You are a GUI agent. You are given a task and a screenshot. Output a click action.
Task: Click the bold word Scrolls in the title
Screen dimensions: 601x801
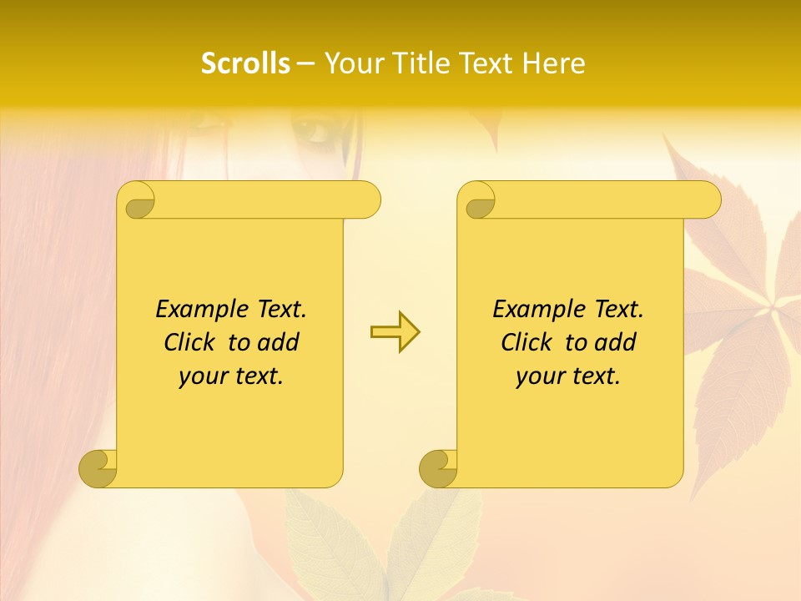[x=245, y=63]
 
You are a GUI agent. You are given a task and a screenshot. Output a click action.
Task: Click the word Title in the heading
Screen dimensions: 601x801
[x=420, y=63]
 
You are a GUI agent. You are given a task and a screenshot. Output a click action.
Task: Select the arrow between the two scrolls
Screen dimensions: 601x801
[x=395, y=332]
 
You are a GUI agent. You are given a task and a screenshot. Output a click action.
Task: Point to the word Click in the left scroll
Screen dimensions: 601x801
[x=192, y=342]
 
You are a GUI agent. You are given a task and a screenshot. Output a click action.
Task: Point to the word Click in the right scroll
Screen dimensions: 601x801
[x=529, y=342]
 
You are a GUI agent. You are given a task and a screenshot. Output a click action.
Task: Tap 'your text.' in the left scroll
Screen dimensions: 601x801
[x=231, y=376]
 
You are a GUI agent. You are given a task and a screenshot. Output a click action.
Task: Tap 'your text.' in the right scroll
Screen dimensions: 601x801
[x=568, y=376]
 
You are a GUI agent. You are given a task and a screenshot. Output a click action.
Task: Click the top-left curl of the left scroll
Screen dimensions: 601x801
[x=138, y=201]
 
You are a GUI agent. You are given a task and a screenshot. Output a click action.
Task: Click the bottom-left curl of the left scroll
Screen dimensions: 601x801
[x=98, y=467]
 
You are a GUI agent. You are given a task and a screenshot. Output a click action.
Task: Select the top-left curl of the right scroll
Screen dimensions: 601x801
[x=479, y=201]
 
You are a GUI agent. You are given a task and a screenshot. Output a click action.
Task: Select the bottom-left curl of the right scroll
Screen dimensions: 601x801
[x=438, y=467]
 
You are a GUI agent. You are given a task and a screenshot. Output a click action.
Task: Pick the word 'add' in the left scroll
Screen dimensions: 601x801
[x=279, y=342]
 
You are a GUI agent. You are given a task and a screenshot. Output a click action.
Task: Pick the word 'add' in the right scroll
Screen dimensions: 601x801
[x=616, y=342]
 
